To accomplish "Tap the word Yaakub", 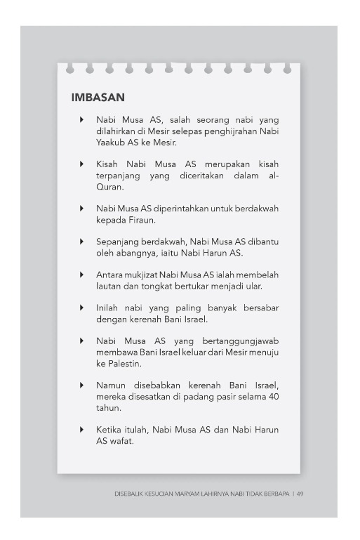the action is [x=112, y=143].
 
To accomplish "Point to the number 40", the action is [x=265, y=395].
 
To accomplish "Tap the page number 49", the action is [x=300, y=494].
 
